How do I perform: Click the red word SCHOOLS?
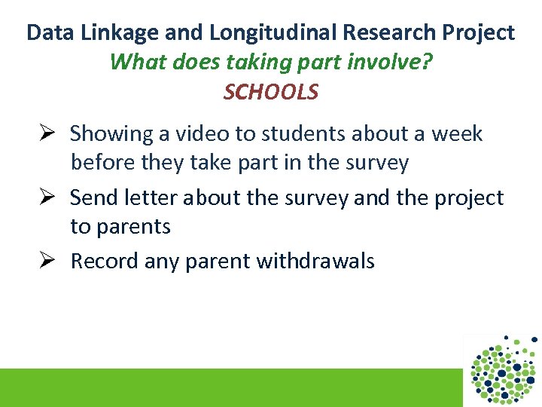[271, 92]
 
